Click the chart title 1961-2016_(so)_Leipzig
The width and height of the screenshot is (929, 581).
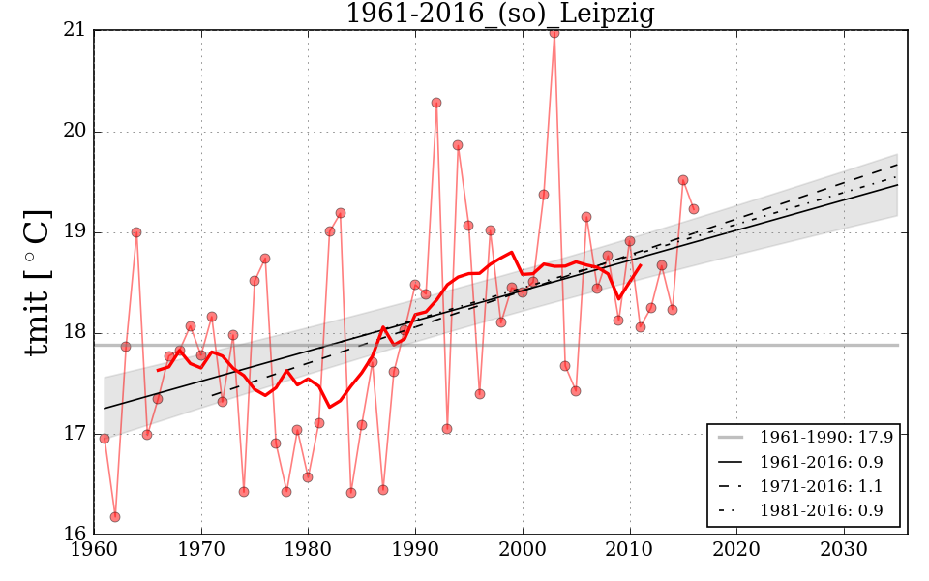pos(499,15)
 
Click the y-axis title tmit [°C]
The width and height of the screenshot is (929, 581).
pos(37,282)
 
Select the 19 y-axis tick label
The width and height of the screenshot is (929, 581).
pos(74,232)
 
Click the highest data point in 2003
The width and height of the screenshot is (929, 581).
pos(554,33)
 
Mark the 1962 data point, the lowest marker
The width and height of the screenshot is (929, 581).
pos(115,517)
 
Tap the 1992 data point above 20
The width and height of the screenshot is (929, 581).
pos(436,103)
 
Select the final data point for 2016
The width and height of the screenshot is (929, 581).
pos(694,209)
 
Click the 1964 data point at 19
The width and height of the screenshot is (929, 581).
pos(136,232)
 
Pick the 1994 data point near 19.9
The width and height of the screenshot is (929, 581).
pos(458,145)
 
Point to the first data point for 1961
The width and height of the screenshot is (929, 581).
pos(105,439)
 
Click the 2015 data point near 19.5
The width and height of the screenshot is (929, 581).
pos(683,180)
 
